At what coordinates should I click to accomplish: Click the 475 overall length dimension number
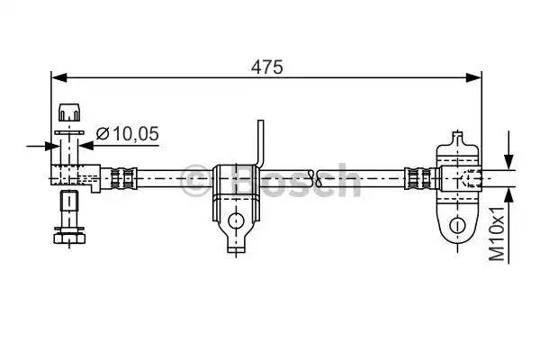coord(267,66)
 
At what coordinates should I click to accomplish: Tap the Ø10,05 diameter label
coord(126,134)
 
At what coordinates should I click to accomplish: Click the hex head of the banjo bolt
coord(69,237)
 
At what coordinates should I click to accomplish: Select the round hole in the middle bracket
coord(236,219)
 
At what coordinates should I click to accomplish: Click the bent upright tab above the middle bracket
coord(262,142)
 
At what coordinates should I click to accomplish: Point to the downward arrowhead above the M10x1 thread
coord(508,160)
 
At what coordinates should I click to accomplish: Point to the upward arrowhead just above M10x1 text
coord(508,193)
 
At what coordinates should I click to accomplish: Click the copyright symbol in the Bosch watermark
coord(194,180)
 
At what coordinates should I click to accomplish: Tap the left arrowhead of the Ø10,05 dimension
coord(45,144)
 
